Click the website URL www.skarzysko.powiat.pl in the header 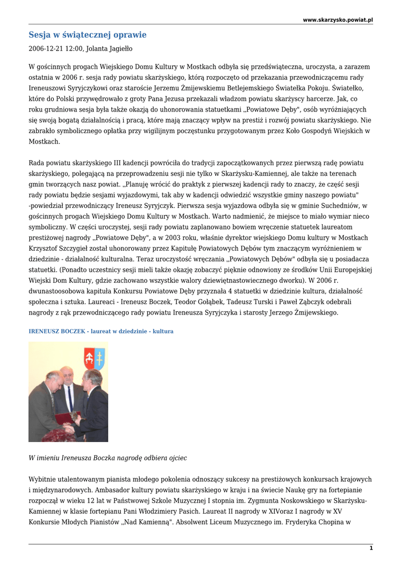pyautogui.click(x=338, y=20)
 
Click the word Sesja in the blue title pyautogui.click(x=39, y=35)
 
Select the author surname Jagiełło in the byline pyautogui.click(x=120, y=49)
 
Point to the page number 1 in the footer pyautogui.click(x=371, y=548)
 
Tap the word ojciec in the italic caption pyautogui.click(x=176, y=458)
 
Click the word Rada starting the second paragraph pyautogui.click(x=37, y=163)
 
